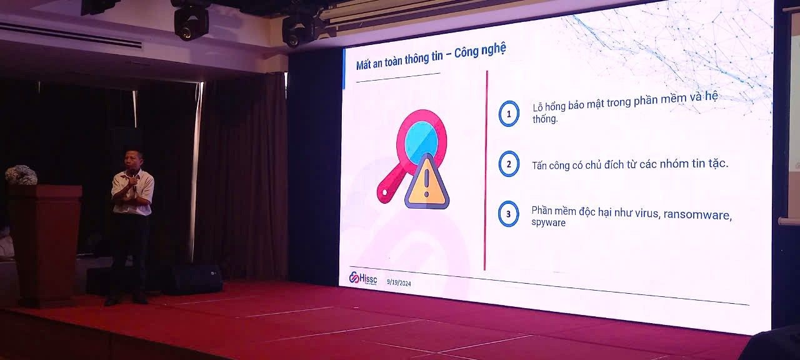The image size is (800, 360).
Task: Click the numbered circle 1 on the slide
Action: point(509,114)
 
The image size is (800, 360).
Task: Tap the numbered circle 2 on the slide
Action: point(509,164)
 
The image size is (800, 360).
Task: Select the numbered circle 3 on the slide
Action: point(509,214)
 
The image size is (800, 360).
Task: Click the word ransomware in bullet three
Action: point(697,214)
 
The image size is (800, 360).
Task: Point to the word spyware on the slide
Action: point(548,223)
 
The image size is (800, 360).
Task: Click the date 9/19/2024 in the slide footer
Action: point(399,283)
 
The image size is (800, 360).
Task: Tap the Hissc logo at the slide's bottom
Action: point(363,278)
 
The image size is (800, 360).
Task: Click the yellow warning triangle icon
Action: point(427,182)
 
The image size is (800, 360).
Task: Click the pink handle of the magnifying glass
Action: point(389,184)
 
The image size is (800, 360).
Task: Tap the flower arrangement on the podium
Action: point(21,175)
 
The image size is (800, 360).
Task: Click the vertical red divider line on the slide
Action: point(486,171)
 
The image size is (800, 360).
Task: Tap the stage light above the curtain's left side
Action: point(191,21)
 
